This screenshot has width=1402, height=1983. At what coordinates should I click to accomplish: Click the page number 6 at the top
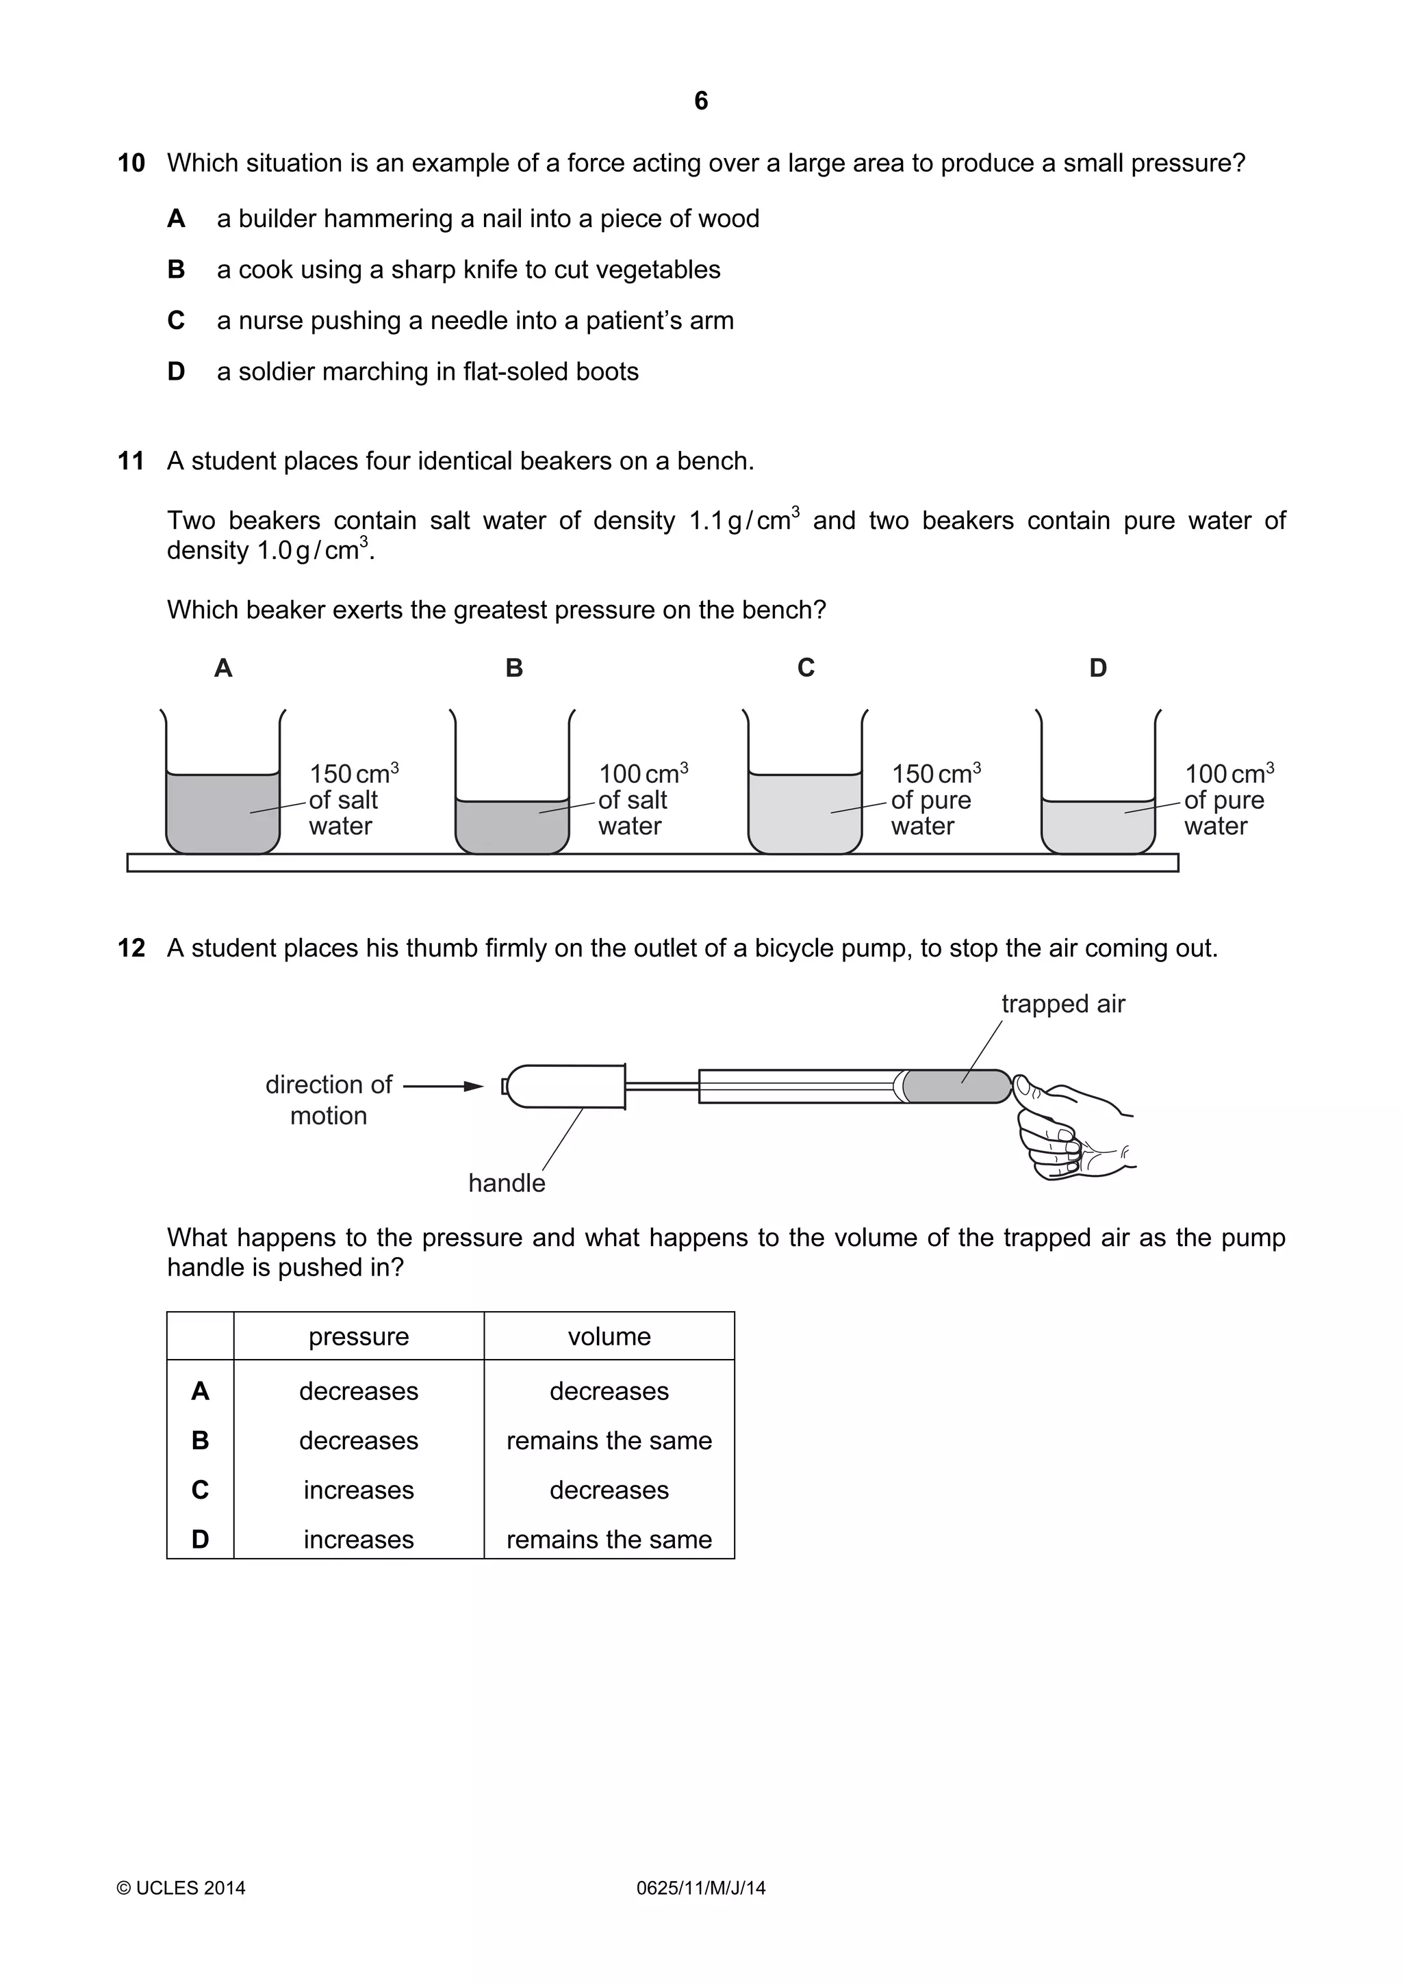[x=700, y=101]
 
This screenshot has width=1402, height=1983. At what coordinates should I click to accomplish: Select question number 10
[x=131, y=164]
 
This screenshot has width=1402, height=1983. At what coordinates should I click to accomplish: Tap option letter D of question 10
[x=176, y=372]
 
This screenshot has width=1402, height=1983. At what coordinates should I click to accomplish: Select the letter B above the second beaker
[x=514, y=668]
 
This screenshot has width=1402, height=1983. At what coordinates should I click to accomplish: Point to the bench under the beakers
[x=652, y=863]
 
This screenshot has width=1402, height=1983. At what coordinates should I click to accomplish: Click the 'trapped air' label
[x=1062, y=1004]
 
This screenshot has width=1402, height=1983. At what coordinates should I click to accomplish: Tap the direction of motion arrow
[x=442, y=1086]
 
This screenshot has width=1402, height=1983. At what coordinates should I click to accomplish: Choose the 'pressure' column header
[x=359, y=1336]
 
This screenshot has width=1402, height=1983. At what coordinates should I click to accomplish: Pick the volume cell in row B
[x=609, y=1440]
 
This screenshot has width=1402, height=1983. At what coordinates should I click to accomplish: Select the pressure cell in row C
[x=359, y=1490]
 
